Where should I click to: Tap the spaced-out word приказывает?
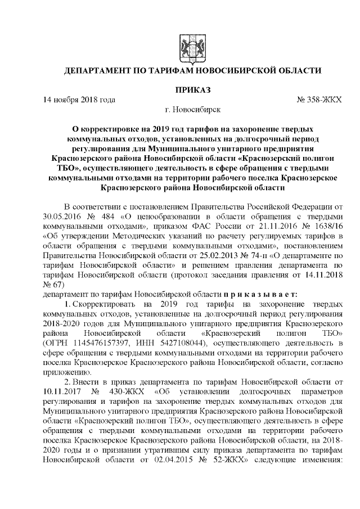click(254, 294)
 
